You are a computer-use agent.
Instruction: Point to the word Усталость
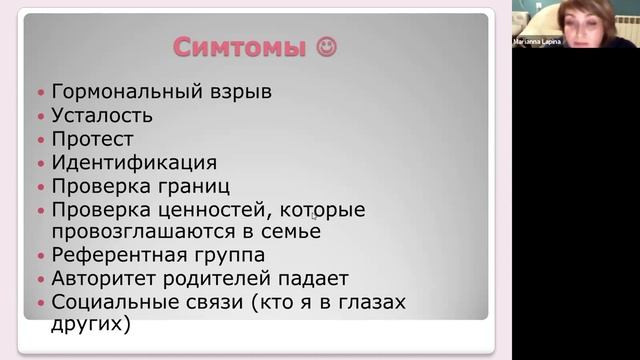(102, 115)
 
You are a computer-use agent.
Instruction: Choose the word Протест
(92, 139)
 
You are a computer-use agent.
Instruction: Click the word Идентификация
(134, 162)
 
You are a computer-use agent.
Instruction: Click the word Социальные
(113, 302)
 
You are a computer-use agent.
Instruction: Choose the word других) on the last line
(91, 324)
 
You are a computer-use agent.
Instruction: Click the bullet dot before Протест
(41, 140)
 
